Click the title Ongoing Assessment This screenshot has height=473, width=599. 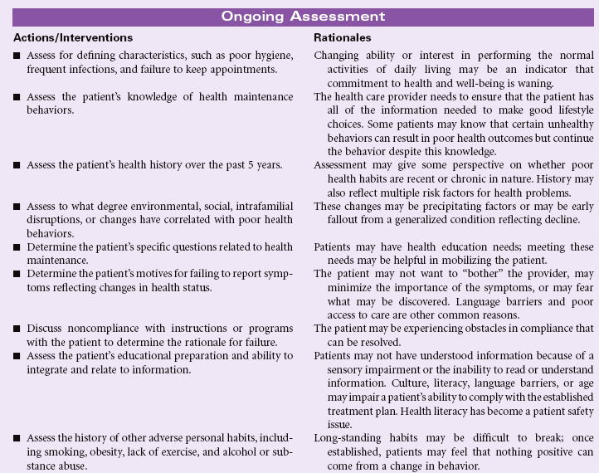click(x=299, y=16)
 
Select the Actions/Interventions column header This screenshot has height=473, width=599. click(x=73, y=38)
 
